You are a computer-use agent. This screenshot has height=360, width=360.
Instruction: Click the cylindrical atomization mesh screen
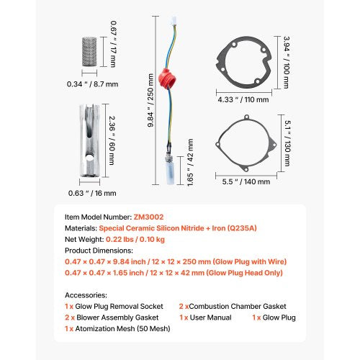click(89, 52)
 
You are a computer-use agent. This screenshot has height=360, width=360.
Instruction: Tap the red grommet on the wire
click(167, 78)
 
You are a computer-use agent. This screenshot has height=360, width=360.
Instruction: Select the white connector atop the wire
click(174, 20)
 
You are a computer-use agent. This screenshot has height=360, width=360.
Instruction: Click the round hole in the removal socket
click(89, 158)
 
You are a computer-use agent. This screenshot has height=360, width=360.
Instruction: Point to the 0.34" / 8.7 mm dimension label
click(92, 84)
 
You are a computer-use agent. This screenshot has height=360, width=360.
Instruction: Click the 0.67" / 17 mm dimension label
click(114, 44)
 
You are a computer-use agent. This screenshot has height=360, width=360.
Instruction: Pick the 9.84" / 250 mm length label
click(150, 100)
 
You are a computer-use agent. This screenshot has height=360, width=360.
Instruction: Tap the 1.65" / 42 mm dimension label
click(190, 163)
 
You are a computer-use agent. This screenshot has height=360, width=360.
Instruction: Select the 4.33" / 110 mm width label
click(243, 99)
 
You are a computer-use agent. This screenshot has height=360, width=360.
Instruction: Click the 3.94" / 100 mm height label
click(287, 63)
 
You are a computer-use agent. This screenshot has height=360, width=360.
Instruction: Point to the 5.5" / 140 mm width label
click(246, 181)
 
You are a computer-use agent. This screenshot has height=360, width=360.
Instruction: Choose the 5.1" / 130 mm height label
click(287, 143)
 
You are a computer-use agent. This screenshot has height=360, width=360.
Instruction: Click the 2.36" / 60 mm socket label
click(112, 140)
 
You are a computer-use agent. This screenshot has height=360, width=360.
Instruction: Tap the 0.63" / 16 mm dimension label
click(92, 193)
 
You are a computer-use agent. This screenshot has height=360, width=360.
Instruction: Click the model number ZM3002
click(148, 217)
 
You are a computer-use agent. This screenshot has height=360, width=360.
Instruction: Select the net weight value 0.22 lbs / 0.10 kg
click(135, 239)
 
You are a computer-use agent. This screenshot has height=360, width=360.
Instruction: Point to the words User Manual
click(210, 318)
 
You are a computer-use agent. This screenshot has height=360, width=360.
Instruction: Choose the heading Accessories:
click(86, 295)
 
